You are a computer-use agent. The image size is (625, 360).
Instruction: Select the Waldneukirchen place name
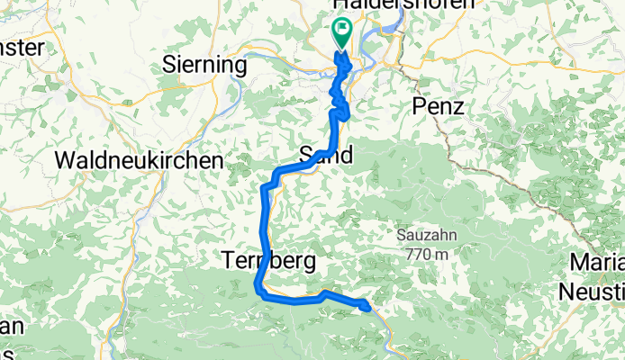[139, 160]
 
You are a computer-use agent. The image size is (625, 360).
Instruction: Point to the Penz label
[438, 107]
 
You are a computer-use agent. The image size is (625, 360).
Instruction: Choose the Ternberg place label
[268, 262]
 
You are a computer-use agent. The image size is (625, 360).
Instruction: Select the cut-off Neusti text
[591, 292]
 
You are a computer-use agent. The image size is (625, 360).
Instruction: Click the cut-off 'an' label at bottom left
[11, 327]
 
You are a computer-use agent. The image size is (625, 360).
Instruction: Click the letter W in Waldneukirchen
[64, 160]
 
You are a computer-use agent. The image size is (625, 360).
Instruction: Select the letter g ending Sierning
[240, 67]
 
